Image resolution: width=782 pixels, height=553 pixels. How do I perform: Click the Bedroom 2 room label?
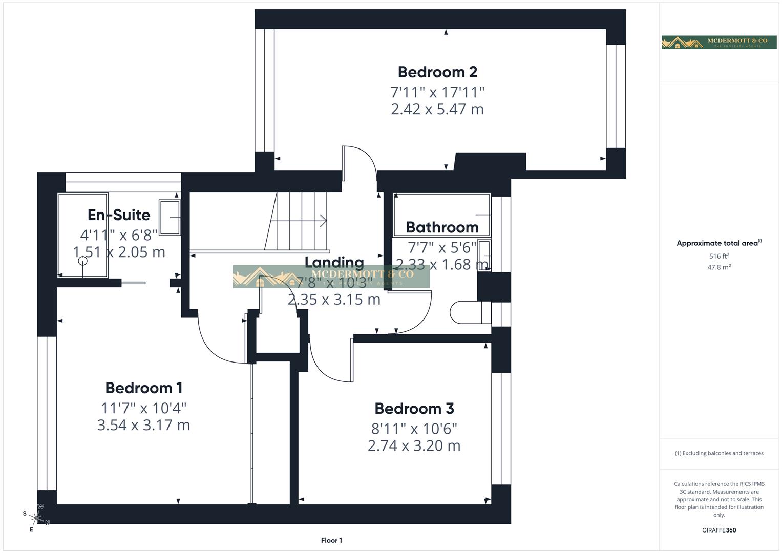coord(437,72)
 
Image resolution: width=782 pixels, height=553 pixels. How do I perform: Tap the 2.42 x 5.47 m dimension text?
coord(437,109)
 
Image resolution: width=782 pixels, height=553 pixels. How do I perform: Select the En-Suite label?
coord(119,215)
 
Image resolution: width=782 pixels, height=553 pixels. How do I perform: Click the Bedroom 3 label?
coord(414,409)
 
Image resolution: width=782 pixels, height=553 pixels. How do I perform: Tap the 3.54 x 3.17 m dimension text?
coord(143,425)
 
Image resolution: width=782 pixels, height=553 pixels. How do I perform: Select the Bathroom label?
coord(442,227)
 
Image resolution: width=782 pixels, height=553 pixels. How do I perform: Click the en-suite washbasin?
coord(170,218)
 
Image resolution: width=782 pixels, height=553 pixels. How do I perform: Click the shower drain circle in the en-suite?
coord(82,261)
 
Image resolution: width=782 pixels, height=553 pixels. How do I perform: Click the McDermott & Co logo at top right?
coord(718,42)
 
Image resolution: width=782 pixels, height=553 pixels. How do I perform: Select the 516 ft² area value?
coord(719,256)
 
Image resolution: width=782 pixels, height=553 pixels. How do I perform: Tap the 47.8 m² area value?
coord(719,267)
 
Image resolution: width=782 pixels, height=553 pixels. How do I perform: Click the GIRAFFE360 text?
coord(719,530)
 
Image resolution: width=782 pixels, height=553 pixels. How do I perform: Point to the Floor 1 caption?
coord(331,540)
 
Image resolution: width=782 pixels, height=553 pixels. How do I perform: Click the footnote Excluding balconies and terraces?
coord(719,453)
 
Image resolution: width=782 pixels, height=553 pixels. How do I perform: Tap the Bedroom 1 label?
coord(143,388)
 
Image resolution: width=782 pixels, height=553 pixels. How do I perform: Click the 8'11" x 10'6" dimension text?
coord(414,429)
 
